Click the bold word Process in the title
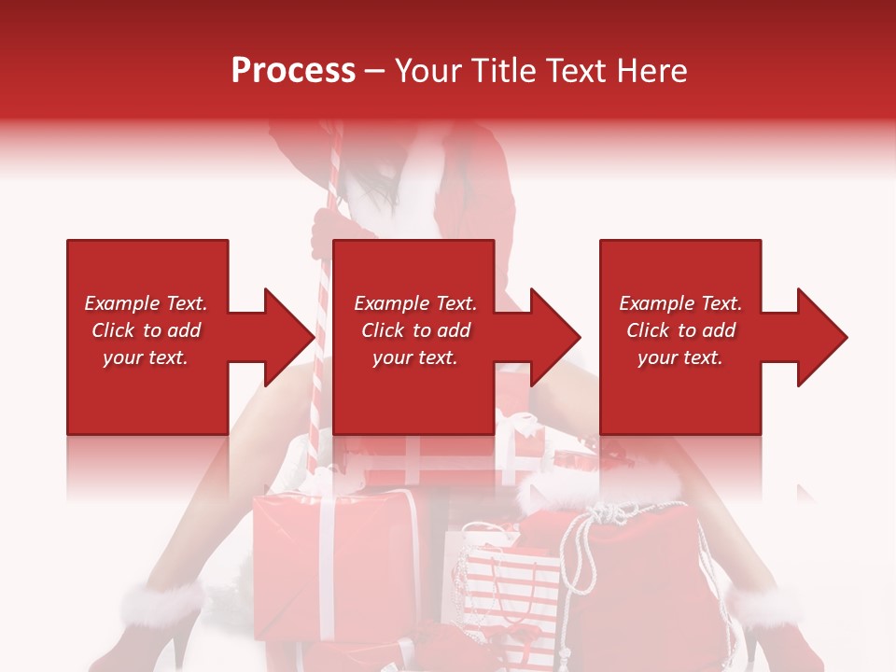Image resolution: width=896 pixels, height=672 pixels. click(293, 71)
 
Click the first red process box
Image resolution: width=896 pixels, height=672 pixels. click(147, 337)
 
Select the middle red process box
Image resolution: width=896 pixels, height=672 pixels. click(413, 337)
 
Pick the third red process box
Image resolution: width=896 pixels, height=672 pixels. click(679, 337)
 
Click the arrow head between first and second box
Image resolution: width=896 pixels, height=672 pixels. click(289, 337)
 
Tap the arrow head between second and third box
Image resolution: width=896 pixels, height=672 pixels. click(555, 337)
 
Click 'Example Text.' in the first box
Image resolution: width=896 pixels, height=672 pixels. click(146, 303)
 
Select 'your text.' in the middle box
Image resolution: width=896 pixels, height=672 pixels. click(414, 357)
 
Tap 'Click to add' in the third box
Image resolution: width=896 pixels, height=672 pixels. click(680, 330)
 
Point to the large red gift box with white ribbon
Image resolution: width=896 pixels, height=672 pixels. click(336, 560)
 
